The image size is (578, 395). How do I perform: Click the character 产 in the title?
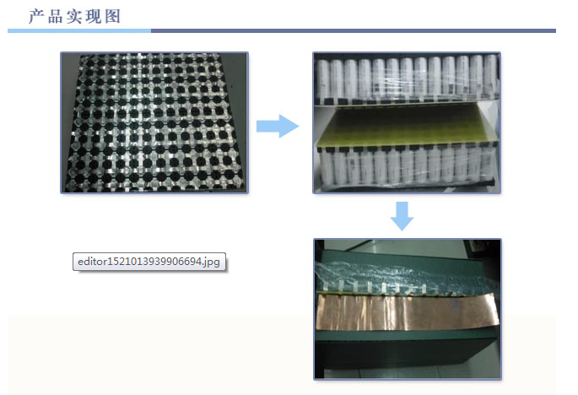(36, 17)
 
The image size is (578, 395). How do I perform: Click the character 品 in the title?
(56, 17)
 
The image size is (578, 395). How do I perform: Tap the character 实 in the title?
(74, 17)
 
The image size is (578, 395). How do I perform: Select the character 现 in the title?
(94, 17)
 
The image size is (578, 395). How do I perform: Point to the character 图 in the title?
(112, 17)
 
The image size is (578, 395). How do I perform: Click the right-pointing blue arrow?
(278, 126)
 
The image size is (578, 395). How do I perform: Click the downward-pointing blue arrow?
(402, 216)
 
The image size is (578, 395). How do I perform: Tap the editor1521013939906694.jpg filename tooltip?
(149, 262)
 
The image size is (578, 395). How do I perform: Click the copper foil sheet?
(408, 311)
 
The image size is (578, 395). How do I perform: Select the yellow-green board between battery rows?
(406, 126)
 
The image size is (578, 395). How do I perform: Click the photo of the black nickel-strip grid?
(154, 123)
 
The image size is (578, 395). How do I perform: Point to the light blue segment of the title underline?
(79, 31)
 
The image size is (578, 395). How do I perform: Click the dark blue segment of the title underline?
(354, 31)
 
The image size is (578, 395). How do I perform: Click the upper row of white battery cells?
(407, 78)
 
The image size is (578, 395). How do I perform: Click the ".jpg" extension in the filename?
(211, 262)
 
